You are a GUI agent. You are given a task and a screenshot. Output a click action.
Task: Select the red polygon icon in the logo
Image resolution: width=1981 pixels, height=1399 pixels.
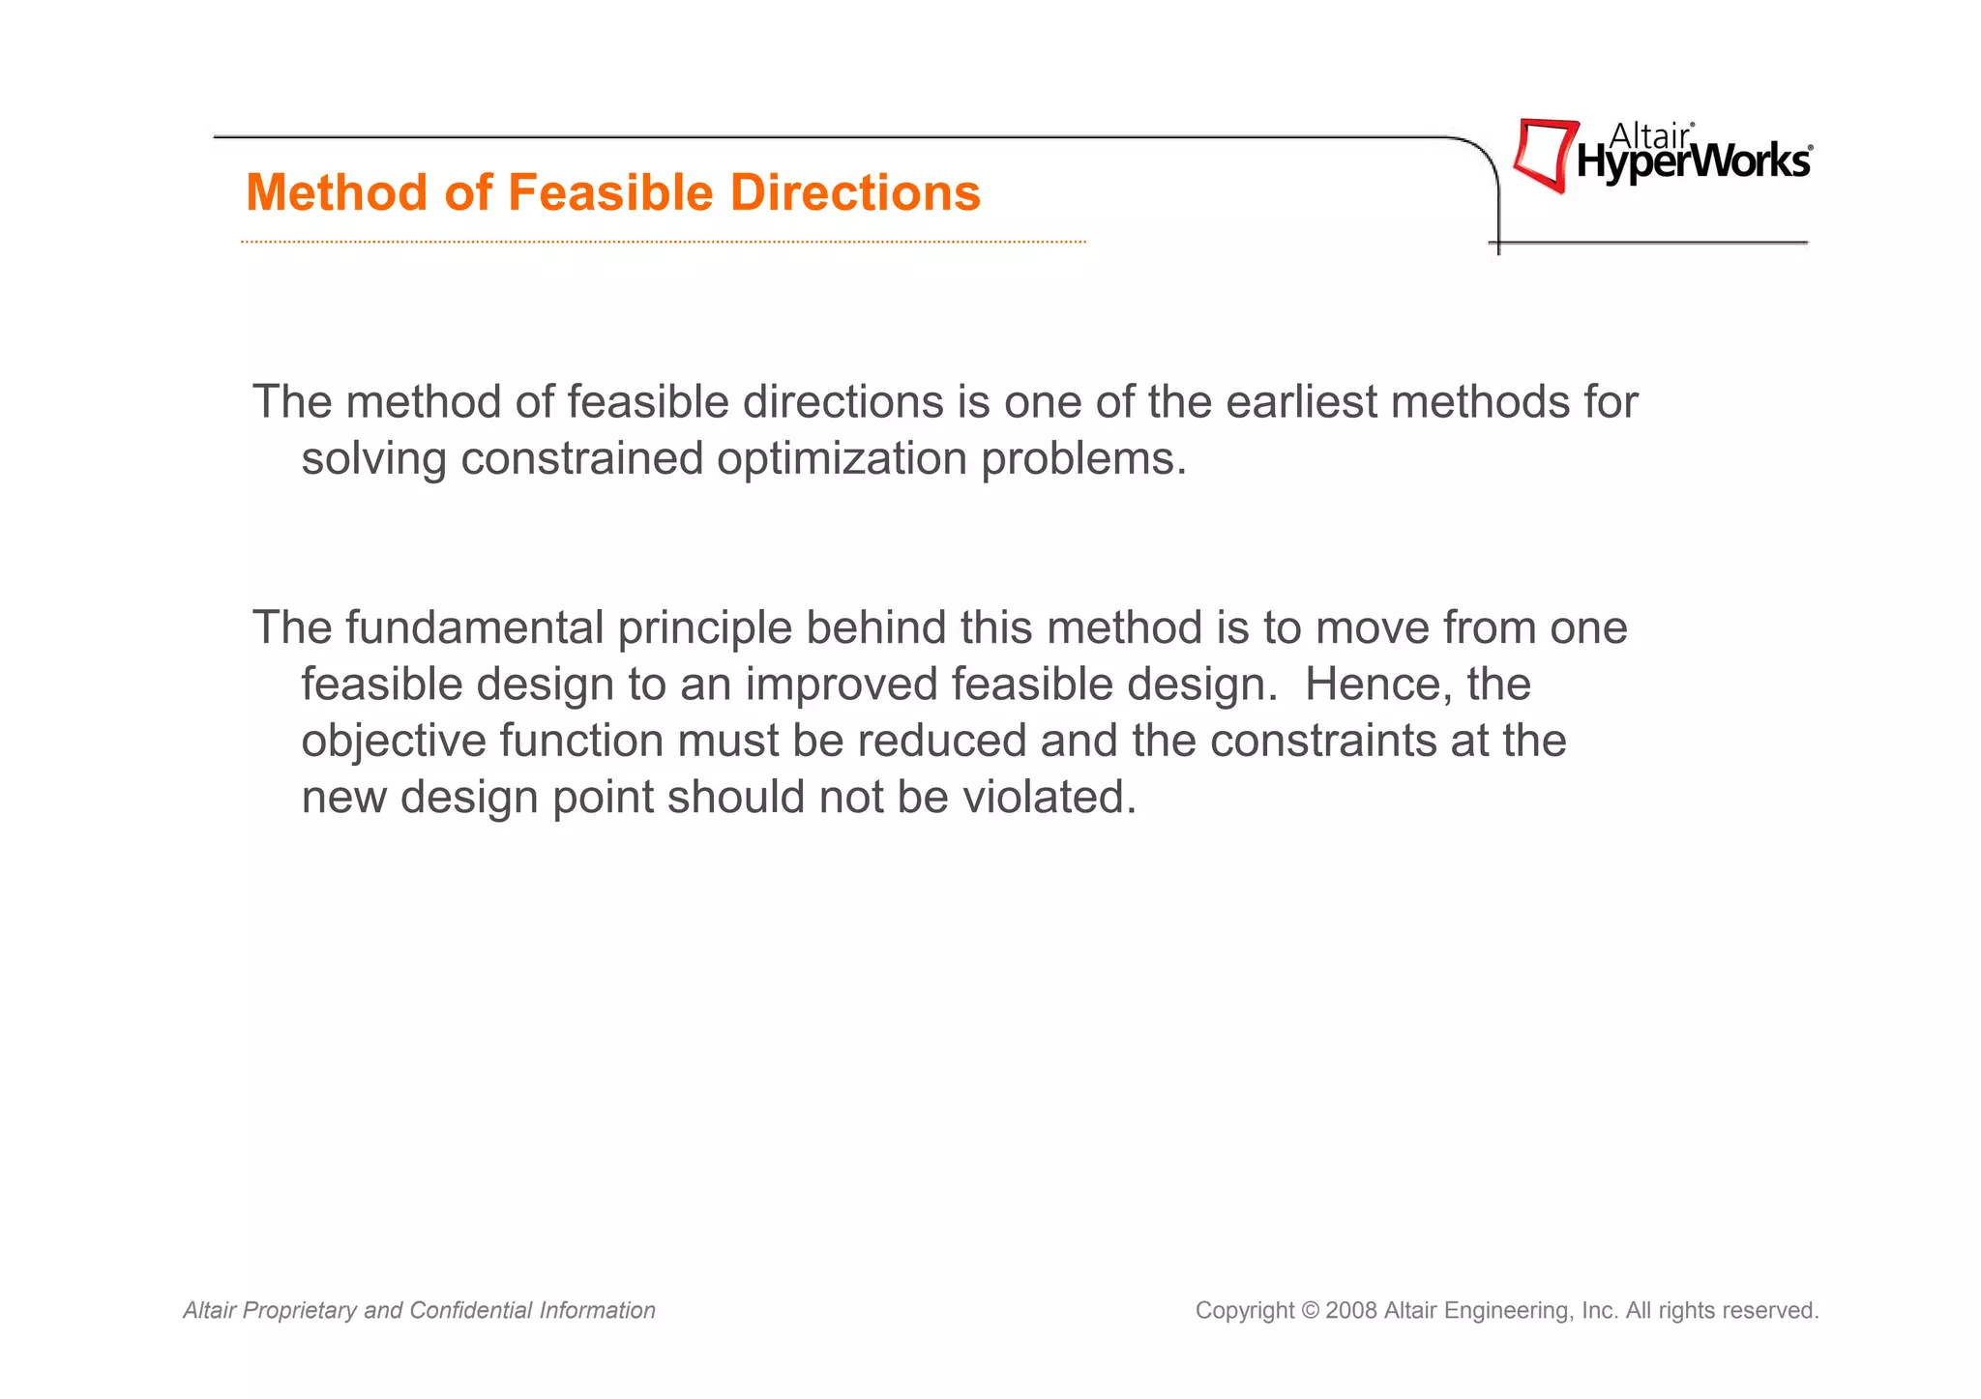pos(1544,155)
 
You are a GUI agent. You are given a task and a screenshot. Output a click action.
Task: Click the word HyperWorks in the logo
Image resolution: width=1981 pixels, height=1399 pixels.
pos(1693,162)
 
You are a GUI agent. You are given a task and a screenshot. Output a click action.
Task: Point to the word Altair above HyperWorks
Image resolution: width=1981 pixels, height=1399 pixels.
pos(1648,136)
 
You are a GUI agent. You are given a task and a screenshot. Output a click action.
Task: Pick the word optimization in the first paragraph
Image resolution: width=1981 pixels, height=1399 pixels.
pos(842,458)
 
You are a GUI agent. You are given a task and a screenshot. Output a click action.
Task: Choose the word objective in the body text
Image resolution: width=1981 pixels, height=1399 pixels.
pos(394,742)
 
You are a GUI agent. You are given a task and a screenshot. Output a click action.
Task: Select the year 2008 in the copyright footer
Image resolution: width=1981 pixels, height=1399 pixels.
pos(1351,1311)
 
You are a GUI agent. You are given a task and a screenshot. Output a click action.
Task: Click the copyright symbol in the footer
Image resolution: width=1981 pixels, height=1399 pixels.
pos(1310,1311)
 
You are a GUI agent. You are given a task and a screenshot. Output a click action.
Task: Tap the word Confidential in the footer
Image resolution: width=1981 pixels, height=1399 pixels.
pos(471,1311)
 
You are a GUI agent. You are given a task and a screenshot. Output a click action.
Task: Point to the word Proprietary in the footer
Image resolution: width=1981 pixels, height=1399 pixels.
pos(299,1311)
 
